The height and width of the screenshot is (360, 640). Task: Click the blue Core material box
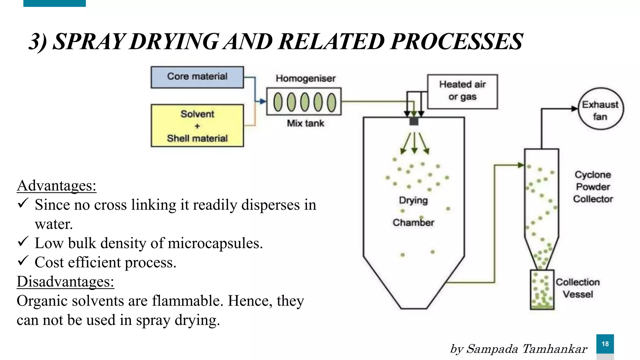[x=197, y=77]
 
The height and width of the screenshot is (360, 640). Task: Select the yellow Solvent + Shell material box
[x=197, y=126]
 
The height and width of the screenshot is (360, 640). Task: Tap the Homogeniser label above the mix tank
[x=305, y=78]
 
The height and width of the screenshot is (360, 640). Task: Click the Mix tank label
[x=305, y=123]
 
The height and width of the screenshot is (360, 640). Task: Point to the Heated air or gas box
[x=462, y=91]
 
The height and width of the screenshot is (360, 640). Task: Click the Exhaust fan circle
[x=600, y=109]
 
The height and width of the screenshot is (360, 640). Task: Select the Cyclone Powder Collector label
[x=593, y=187]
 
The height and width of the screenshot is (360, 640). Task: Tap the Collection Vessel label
[x=577, y=288]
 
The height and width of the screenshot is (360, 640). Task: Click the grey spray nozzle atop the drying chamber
[x=414, y=121]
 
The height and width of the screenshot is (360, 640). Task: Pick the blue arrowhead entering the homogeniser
[x=263, y=101]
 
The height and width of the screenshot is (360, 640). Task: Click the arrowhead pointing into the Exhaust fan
[x=574, y=109]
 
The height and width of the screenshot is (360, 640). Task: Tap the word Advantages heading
[x=56, y=186]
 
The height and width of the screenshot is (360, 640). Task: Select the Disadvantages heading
[x=65, y=282]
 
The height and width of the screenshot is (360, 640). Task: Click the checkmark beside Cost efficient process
[x=23, y=260]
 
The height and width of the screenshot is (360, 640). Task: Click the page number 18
[x=605, y=344]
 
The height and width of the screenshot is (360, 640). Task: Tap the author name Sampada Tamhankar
[x=526, y=349]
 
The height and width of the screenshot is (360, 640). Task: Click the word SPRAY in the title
[x=89, y=42]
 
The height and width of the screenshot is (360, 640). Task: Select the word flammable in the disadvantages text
[x=187, y=301]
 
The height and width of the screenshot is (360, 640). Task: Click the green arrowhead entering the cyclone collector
[x=521, y=165]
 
